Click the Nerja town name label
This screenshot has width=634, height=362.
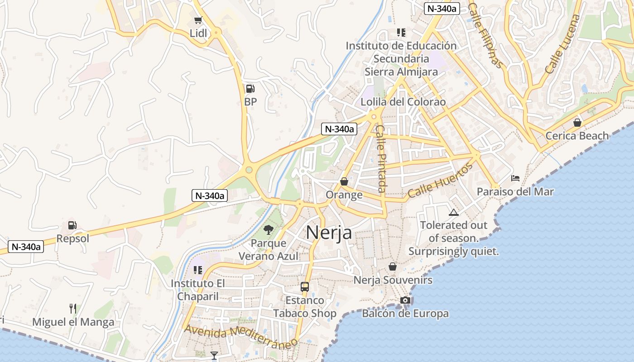[x=329, y=233]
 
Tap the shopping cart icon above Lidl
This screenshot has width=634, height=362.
[x=198, y=20]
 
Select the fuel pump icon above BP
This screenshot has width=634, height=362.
[x=250, y=89]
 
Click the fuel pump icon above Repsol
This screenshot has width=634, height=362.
[x=72, y=225]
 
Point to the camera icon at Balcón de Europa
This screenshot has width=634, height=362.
[x=405, y=300]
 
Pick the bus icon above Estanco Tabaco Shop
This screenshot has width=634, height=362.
[x=305, y=286]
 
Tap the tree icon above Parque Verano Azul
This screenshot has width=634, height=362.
[x=269, y=229]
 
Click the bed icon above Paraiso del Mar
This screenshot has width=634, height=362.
[x=515, y=178]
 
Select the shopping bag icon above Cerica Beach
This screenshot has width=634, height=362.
[x=577, y=122]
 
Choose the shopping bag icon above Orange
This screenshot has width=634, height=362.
[x=344, y=181]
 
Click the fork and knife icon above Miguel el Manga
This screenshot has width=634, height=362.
[x=73, y=309]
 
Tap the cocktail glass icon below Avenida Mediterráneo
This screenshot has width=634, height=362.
[x=214, y=355]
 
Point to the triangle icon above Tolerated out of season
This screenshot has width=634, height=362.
[x=453, y=212]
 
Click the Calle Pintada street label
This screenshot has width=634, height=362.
[x=382, y=158]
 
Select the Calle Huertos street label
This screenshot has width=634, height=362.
[x=440, y=181]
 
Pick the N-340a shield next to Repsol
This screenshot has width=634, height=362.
[x=26, y=247]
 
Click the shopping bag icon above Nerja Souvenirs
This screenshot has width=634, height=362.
[x=393, y=267]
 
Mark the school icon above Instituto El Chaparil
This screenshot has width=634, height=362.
[x=197, y=270]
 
